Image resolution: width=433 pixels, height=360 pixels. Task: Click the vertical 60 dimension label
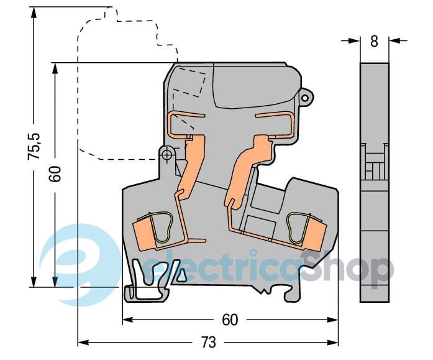(55, 174)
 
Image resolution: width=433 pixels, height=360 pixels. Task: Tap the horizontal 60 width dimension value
(230, 320)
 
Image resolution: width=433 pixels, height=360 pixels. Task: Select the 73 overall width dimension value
(208, 343)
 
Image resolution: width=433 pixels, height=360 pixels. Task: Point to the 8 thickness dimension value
(374, 42)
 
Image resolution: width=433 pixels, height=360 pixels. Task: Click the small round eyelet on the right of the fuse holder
(305, 98)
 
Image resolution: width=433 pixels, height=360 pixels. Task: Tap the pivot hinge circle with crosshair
(166, 155)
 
